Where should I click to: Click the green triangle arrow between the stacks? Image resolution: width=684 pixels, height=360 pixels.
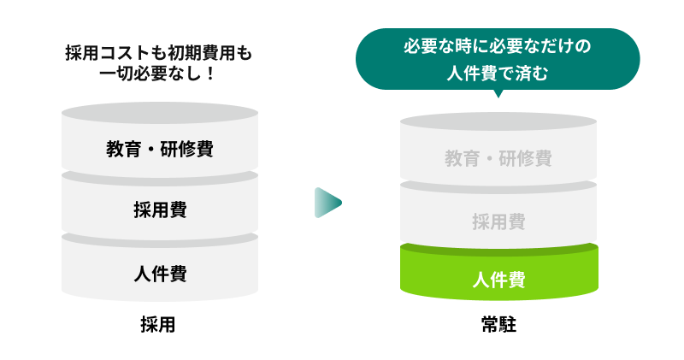[x=327, y=203]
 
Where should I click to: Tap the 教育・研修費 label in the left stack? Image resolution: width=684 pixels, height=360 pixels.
[x=160, y=149]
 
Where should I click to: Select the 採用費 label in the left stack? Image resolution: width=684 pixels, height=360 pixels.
[x=160, y=210]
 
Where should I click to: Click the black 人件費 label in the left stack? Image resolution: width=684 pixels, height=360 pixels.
[x=160, y=274]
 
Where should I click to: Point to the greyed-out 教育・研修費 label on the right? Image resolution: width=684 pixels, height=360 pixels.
[x=498, y=158]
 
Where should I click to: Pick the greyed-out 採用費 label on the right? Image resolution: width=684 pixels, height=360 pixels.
[x=498, y=221]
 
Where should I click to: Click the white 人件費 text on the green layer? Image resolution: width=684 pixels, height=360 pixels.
[x=498, y=279]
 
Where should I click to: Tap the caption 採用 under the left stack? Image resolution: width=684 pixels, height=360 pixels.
[x=160, y=325]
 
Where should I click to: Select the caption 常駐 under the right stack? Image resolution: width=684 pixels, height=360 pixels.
[x=498, y=325]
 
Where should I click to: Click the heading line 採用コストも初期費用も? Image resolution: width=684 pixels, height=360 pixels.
[x=160, y=53]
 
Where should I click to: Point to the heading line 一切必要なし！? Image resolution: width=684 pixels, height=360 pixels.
[x=160, y=74]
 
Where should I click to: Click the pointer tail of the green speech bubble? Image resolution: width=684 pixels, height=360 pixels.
[x=498, y=93]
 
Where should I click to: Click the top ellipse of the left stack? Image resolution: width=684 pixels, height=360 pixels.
[x=160, y=111]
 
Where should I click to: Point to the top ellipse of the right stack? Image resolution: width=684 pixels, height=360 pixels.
[x=498, y=121]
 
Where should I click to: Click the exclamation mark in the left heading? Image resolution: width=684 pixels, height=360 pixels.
[x=210, y=74]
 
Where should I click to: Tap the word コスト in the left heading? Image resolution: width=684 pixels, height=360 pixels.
[x=118, y=53]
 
